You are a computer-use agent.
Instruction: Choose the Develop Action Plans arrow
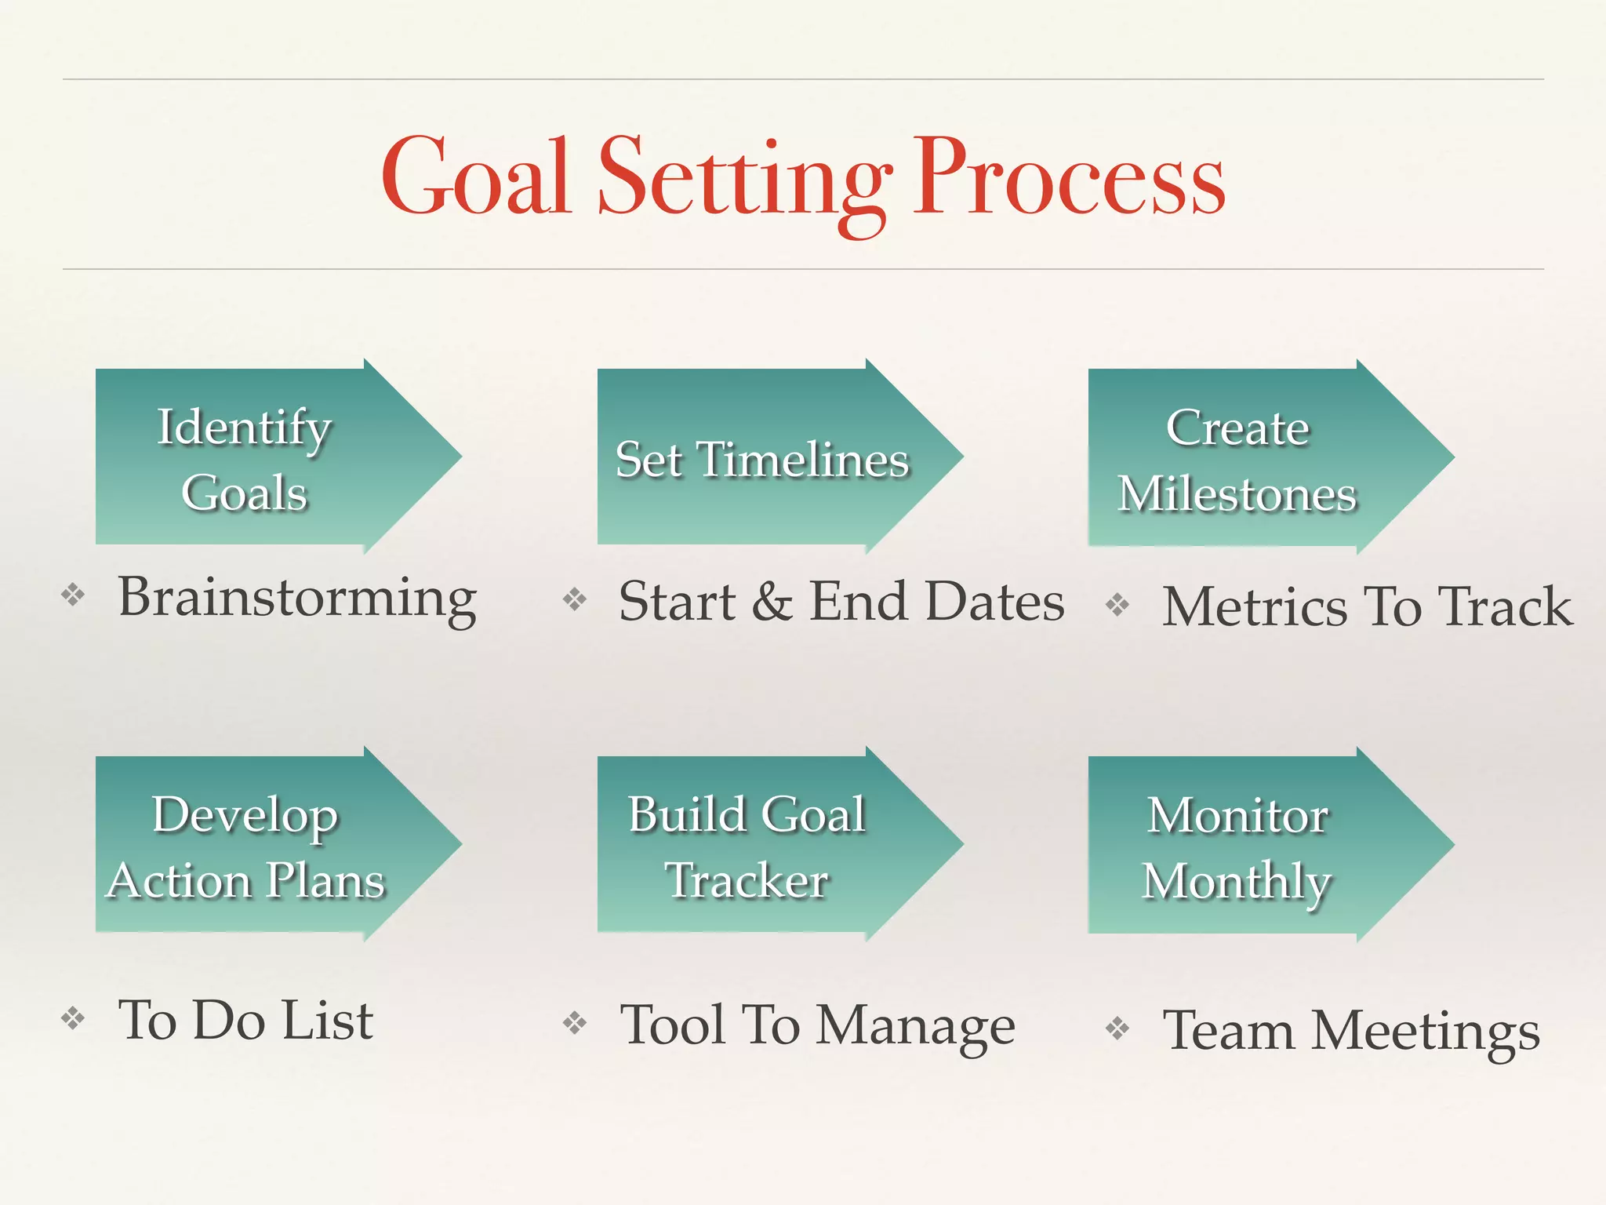click(x=267, y=845)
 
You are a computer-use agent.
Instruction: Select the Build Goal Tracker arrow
click(x=768, y=845)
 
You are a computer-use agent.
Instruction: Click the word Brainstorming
click(x=297, y=599)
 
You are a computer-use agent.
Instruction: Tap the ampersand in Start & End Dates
click(x=772, y=602)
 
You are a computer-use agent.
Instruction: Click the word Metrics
click(x=1255, y=607)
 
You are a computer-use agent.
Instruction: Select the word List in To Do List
click(x=328, y=1021)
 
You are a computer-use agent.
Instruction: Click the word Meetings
click(x=1426, y=1032)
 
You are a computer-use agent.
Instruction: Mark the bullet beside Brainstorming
click(x=73, y=595)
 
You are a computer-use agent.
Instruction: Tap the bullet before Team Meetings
click(x=1117, y=1028)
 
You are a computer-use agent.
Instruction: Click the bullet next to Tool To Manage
click(x=575, y=1022)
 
